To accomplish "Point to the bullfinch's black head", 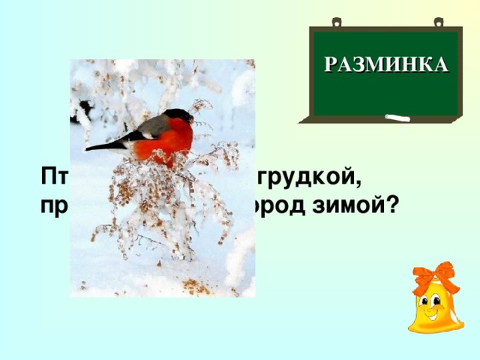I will coord(178,115).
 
